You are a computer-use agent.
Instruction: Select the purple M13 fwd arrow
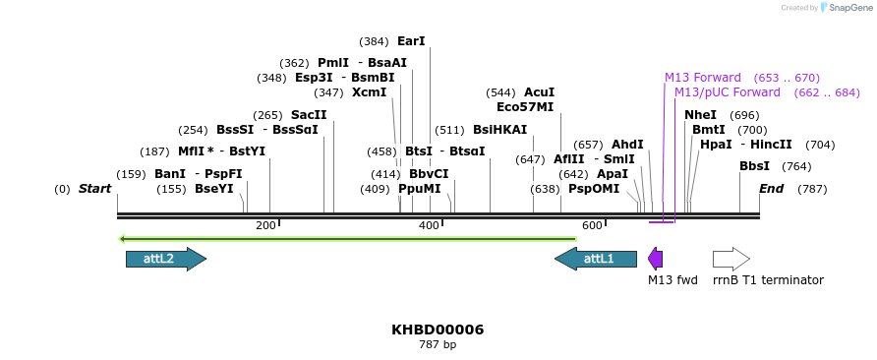point(655,259)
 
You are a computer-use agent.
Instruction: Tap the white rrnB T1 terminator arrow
point(731,259)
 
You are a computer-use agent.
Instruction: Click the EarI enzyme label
point(411,42)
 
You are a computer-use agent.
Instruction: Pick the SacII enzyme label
point(309,115)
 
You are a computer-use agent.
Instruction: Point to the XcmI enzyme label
point(370,93)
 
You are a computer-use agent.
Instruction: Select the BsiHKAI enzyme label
point(499,130)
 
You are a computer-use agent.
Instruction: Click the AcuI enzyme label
point(539,92)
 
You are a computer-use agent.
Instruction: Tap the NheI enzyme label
point(701,115)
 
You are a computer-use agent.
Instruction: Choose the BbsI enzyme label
point(754,166)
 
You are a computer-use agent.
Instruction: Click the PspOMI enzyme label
point(594,189)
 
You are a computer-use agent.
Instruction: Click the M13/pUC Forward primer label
point(728,92)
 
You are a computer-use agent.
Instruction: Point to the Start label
point(94,189)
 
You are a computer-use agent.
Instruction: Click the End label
point(771,189)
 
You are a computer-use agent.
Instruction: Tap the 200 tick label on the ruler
point(265,226)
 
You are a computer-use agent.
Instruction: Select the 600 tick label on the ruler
point(592,226)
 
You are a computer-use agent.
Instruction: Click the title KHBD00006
point(438,330)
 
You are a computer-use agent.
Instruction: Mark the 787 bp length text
point(438,345)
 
